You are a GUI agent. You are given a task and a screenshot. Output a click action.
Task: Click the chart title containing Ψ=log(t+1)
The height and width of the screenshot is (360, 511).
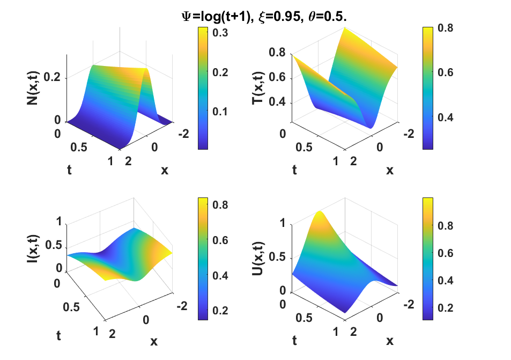tap(264, 18)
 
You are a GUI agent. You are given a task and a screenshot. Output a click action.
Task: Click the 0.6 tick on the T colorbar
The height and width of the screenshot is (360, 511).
tap(446, 72)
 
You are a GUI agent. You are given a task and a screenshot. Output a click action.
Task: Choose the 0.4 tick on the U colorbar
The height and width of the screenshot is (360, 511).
tap(446, 280)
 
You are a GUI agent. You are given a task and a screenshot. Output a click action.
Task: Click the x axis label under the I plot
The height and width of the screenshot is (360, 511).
tap(154, 341)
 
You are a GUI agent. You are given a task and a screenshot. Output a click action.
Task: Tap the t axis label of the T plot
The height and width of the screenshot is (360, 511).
tap(294, 170)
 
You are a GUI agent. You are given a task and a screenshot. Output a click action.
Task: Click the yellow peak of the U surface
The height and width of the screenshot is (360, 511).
tap(320, 214)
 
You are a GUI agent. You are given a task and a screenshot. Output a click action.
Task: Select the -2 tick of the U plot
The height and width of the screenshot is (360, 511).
tap(409, 304)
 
